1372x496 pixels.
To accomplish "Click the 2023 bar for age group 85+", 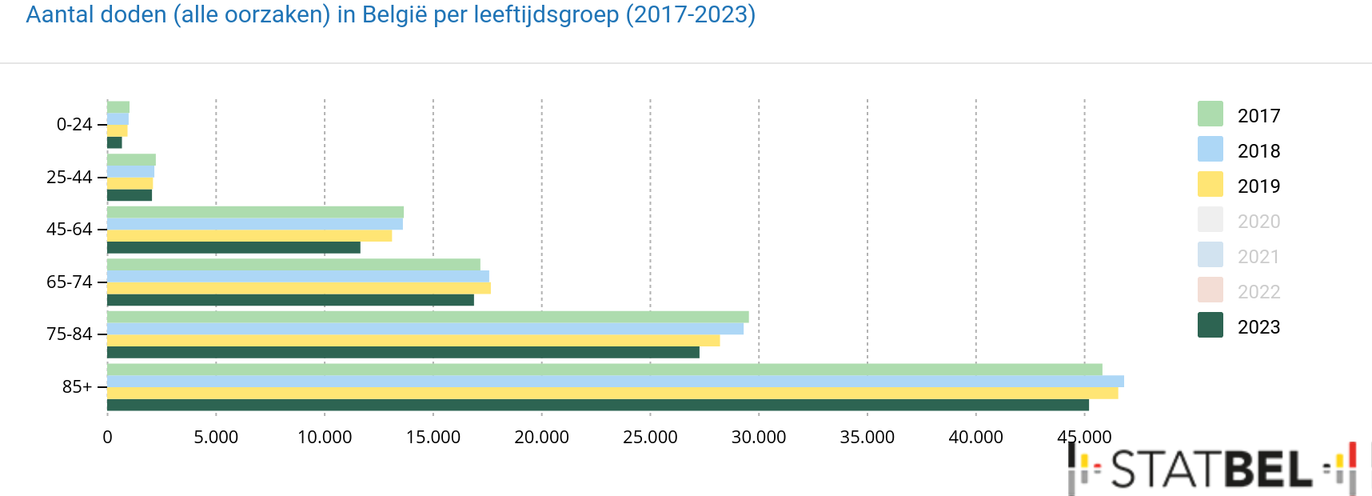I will [597, 405].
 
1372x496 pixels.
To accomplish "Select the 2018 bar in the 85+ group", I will [615, 381].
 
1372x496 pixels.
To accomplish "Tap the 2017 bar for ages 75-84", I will [428, 317].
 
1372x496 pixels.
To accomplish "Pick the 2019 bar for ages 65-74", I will [298, 288].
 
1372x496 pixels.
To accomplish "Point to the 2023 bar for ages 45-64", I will [233, 248].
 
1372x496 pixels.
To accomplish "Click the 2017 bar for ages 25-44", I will [131, 160].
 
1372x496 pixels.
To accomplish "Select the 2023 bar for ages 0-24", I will [114, 142].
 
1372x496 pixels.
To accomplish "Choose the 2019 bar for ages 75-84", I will [413, 341].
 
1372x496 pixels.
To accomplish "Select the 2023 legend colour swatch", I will [1210, 326].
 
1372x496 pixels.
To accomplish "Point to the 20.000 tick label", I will [541, 438].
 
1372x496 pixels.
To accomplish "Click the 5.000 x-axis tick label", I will [216, 438].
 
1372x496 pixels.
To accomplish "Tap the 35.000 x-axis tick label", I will [867, 438].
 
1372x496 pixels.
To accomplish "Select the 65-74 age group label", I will [70, 282].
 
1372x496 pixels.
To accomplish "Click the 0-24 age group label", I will [74, 125].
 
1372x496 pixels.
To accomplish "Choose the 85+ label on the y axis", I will [78, 387].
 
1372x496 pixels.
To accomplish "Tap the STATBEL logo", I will [1211, 469].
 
